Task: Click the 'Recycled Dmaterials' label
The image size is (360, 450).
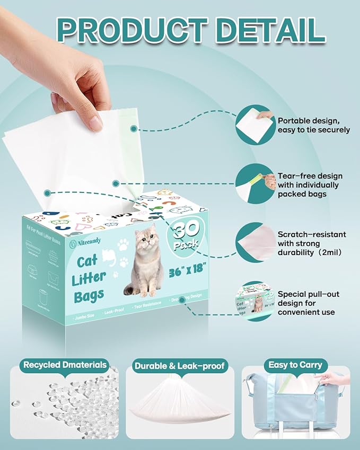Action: pyautogui.click(x=65, y=365)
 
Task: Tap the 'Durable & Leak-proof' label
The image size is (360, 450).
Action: pyautogui.click(x=180, y=365)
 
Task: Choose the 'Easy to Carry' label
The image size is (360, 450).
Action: pyautogui.click(x=295, y=365)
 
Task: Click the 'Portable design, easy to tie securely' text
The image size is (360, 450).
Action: pyautogui.click(x=313, y=125)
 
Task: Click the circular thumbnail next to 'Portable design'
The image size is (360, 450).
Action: pyautogui.click(x=255, y=125)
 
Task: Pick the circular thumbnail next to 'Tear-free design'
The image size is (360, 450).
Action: pyautogui.click(x=255, y=183)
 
